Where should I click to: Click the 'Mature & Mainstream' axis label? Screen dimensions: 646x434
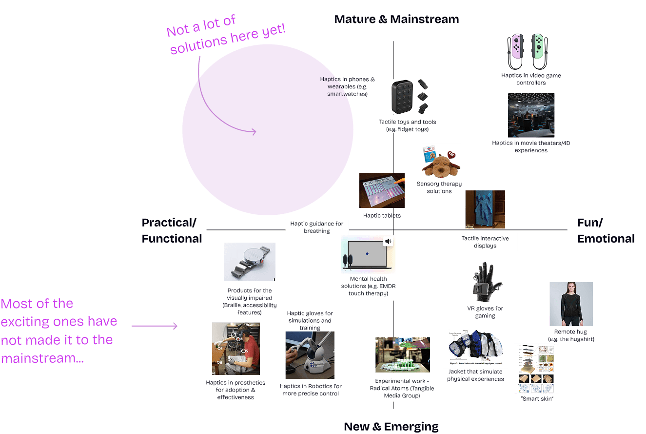(396, 20)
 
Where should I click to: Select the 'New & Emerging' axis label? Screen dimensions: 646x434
(391, 426)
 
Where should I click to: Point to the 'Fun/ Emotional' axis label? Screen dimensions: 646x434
(606, 230)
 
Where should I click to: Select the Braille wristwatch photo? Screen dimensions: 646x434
(249, 262)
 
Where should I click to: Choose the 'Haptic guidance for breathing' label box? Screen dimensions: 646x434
(317, 227)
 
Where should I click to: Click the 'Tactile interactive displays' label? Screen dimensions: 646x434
(485, 242)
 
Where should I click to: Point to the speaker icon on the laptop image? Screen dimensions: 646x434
(389, 241)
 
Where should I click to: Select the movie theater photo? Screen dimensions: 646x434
(530, 115)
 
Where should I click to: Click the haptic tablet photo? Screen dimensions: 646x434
(382, 190)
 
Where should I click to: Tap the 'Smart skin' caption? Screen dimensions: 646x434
(535, 399)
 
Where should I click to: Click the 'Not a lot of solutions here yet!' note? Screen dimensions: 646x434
(225, 34)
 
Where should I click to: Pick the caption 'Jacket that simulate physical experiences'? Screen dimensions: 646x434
(475, 375)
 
